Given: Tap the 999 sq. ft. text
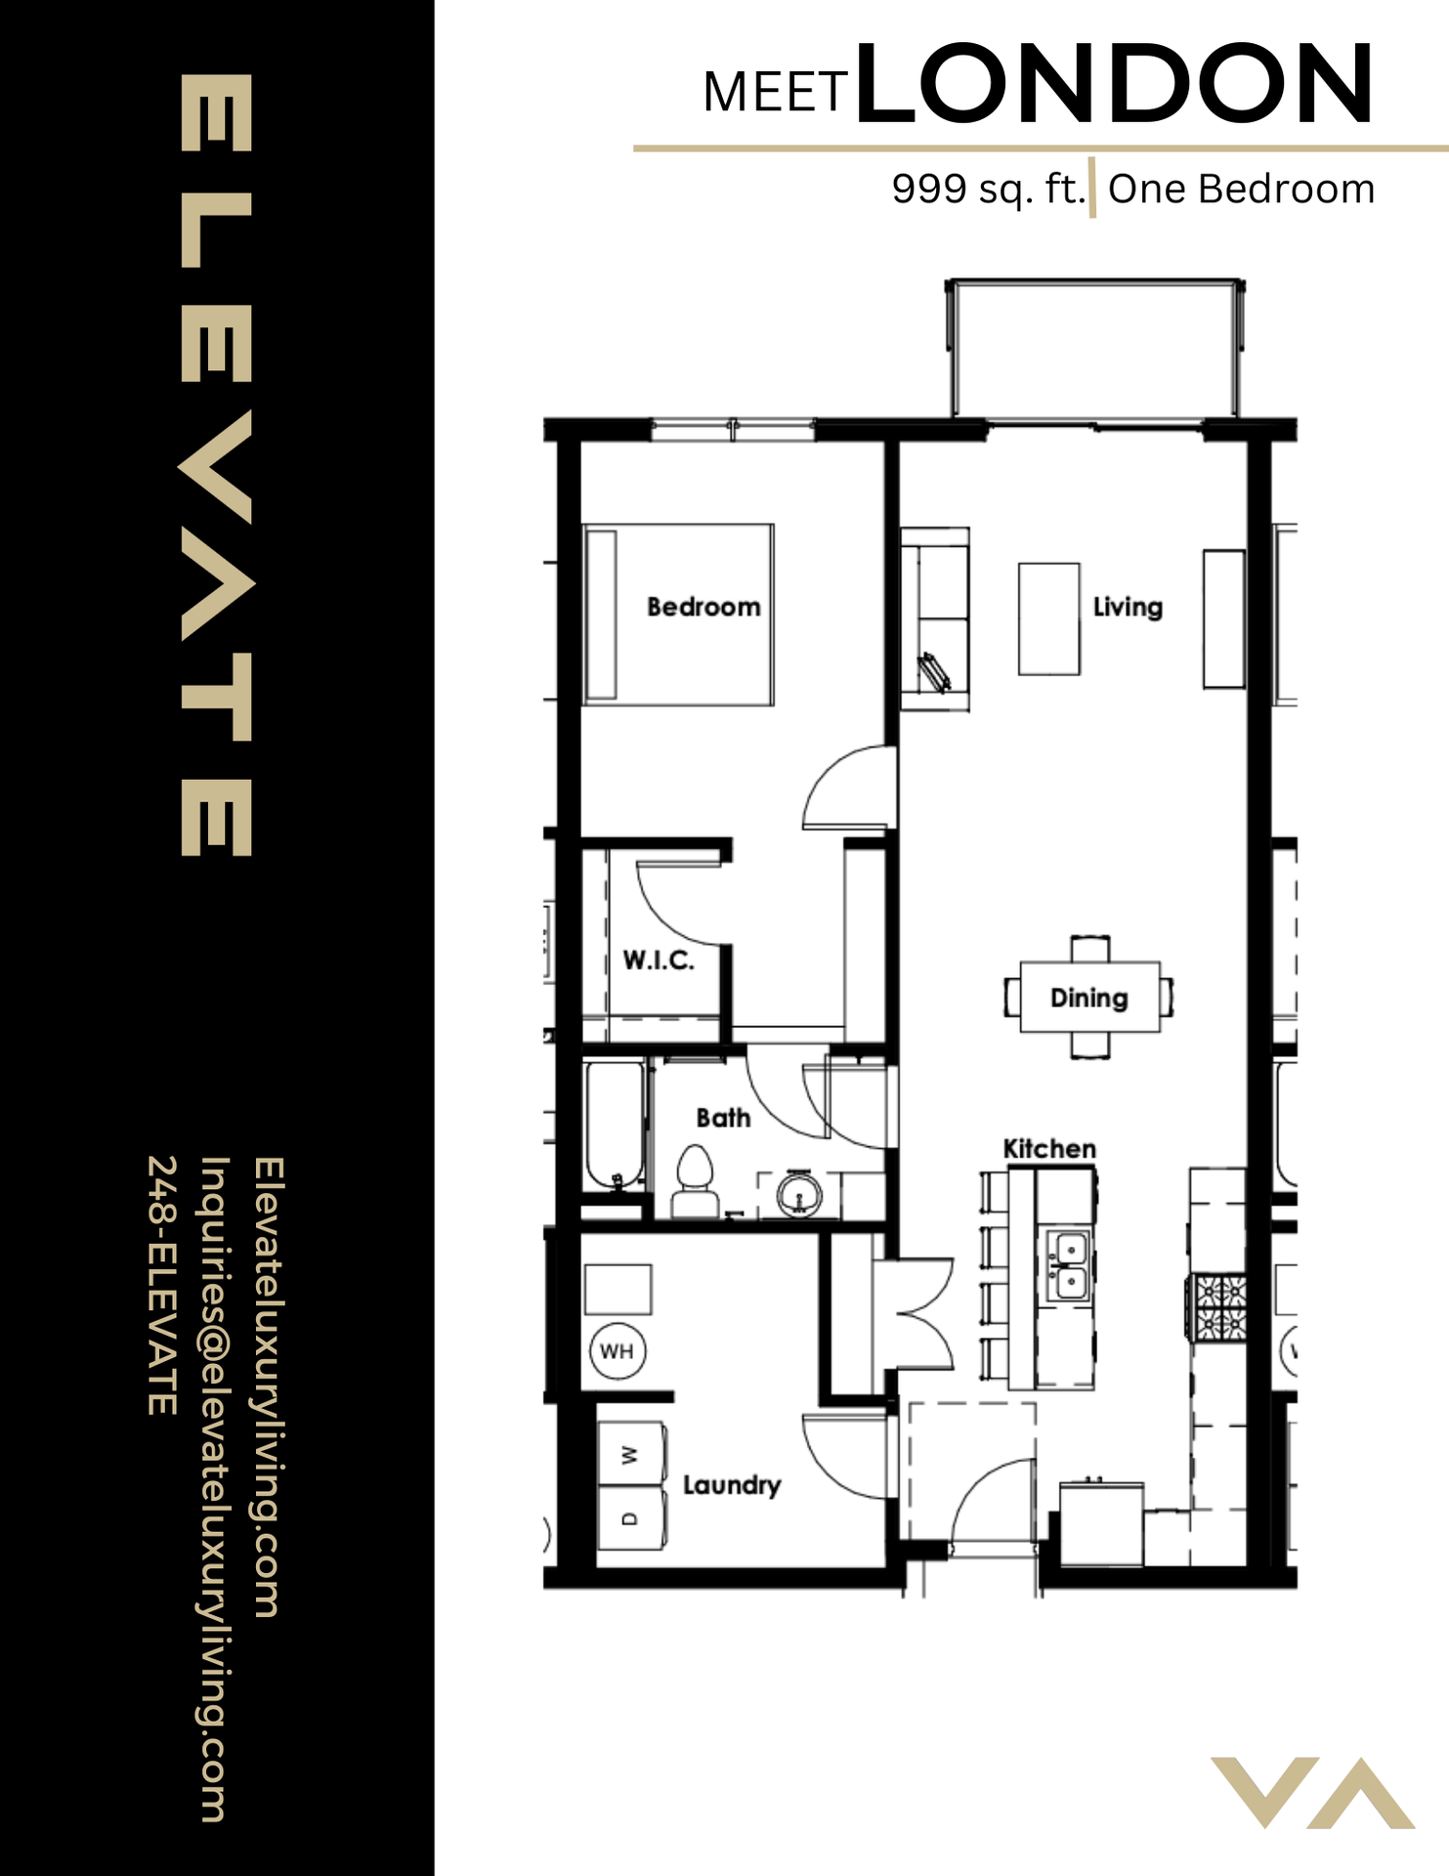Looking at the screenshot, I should [988, 189].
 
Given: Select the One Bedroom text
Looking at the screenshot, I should [1241, 189].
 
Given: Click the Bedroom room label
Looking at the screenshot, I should [703, 607].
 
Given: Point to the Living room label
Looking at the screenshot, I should [1128, 607].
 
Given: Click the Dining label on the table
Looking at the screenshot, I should [1088, 998].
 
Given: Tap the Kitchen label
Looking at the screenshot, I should [1049, 1149].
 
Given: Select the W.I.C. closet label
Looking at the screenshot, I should [659, 960].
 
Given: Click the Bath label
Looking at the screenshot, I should [723, 1118].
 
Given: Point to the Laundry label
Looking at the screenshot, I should [732, 1485].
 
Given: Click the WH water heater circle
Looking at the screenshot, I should [618, 1351].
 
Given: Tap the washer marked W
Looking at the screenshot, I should [631, 1454].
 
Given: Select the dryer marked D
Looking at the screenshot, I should [631, 1517].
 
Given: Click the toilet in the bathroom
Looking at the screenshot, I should [695, 1180].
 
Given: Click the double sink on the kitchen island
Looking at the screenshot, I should [1070, 1266].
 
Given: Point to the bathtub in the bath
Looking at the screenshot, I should [614, 1124].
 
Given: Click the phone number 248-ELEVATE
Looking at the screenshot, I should [162, 1285].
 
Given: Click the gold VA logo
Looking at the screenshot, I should [1312, 1792].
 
